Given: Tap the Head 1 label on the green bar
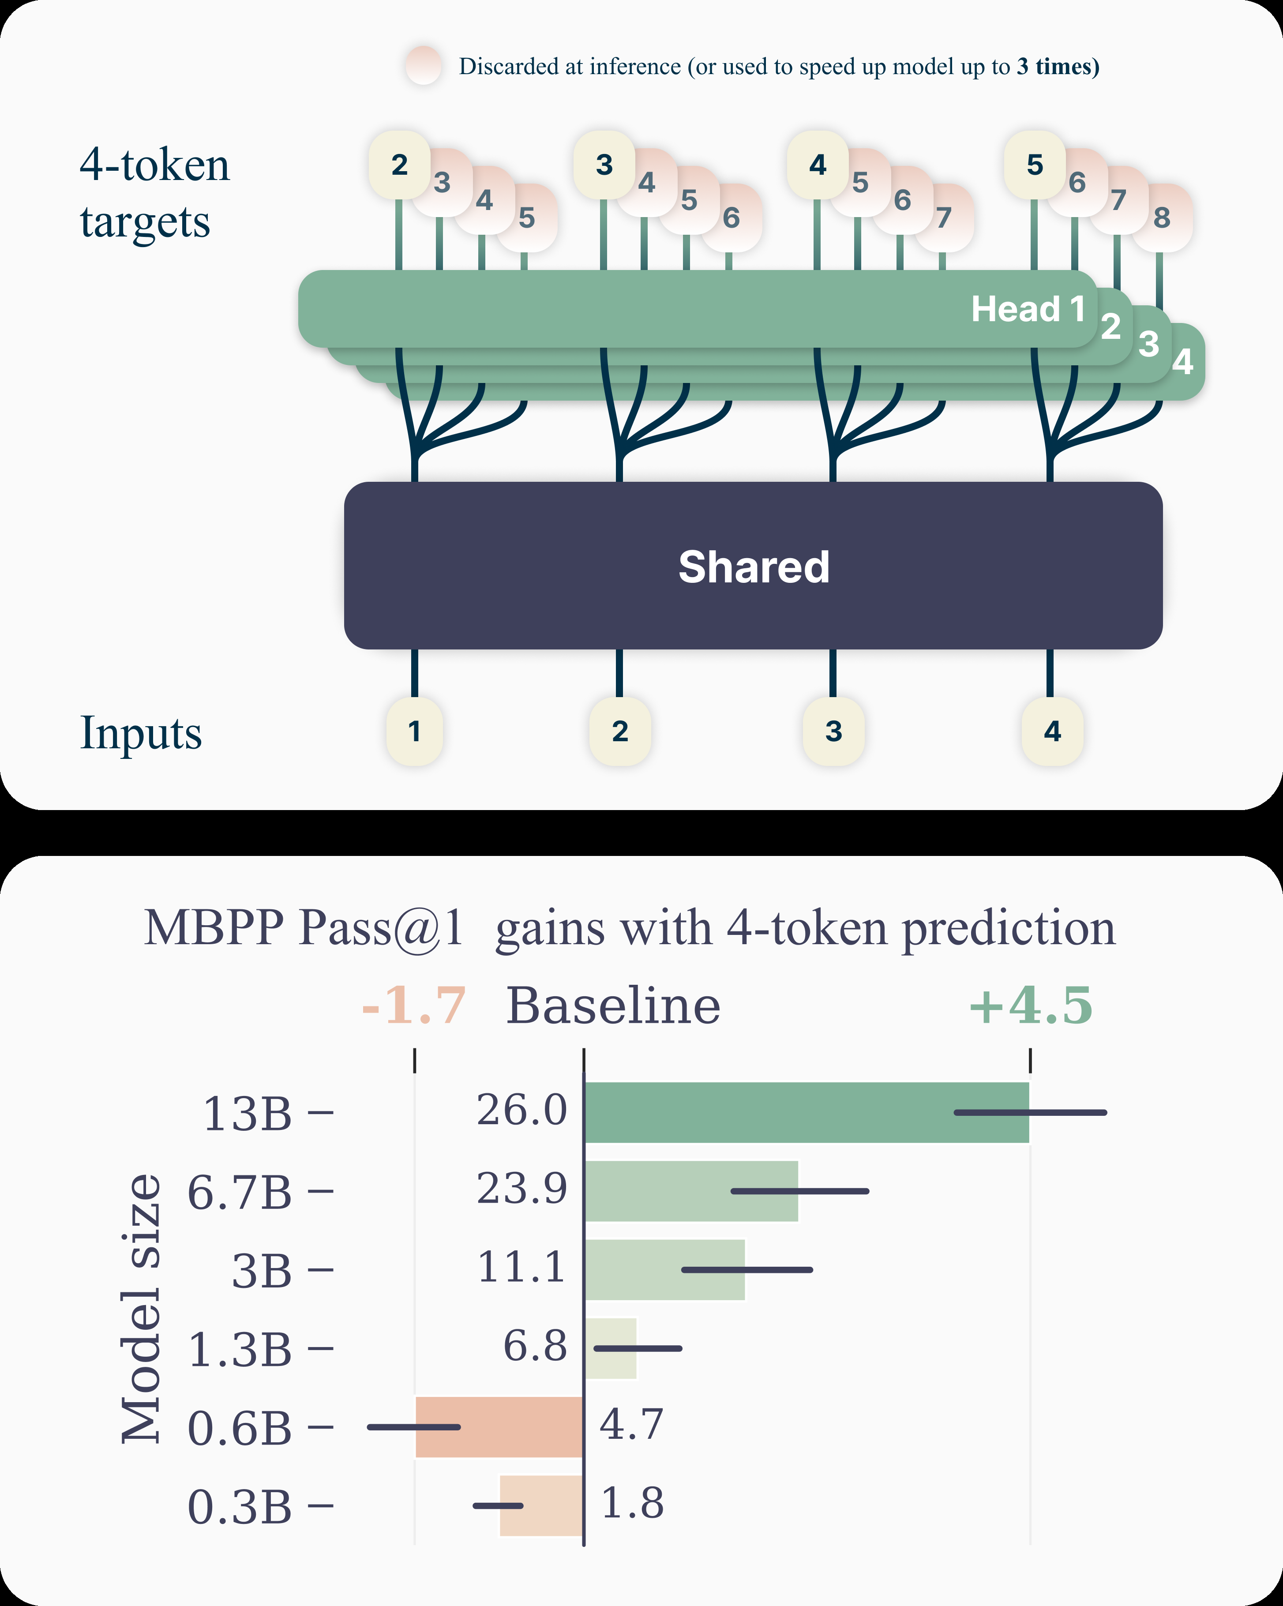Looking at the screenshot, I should click(x=1028, y=308).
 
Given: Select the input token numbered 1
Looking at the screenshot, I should click(x=414, y=731).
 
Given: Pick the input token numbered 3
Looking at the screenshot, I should click(x=833, y=731).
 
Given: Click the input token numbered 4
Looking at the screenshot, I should click(x=1051, y=731).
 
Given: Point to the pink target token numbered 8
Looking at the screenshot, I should click(x=1162, y=218).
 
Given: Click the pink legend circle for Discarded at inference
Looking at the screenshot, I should click(x=424, y=66).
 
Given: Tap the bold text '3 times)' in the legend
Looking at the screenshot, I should click(x=1058, y=66).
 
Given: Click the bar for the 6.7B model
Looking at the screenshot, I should click(x=691, y=1190).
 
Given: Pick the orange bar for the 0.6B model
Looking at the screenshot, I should click(x=499, y=1426).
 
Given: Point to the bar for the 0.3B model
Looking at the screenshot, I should click(x=541, y=1505).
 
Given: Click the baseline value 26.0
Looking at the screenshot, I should click(x=521, y=1110).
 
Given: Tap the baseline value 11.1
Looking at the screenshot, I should click(x=521, y=1266).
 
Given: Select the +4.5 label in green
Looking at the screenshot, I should click(x=1031, y=1006).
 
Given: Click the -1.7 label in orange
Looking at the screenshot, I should click(x=413, y=1006).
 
